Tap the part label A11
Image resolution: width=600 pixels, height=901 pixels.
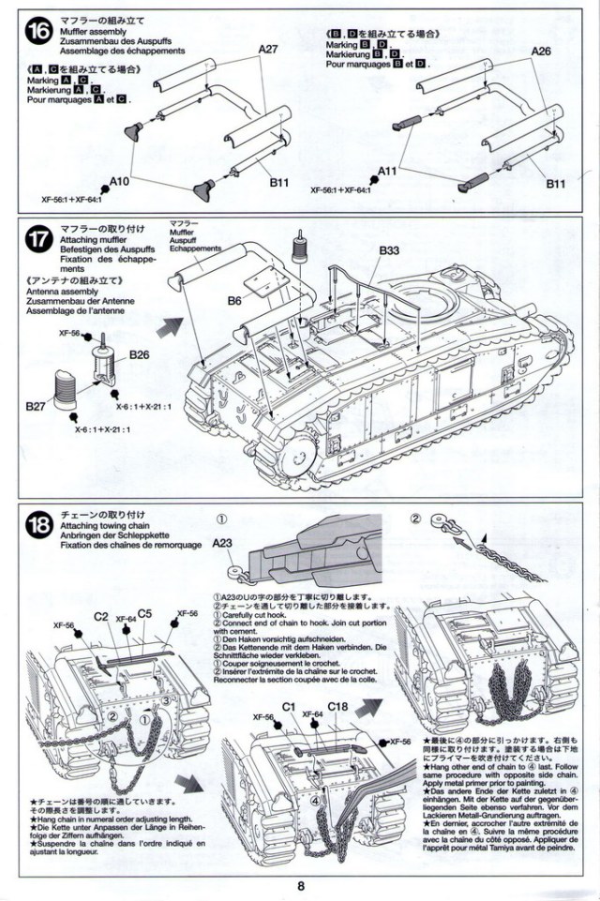coord(390,172)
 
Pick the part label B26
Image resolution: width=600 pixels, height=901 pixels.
coord(140,354)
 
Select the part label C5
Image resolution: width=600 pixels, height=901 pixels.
coord(144,614)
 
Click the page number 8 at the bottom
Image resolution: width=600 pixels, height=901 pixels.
coord(300,885)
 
